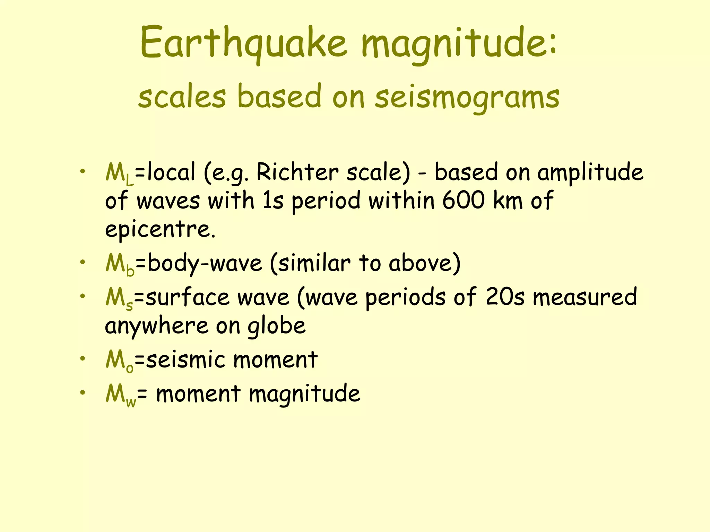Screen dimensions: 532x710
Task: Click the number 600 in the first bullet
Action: (463, 201)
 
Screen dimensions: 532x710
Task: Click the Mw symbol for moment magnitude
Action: (121, 395)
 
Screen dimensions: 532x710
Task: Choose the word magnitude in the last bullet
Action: (304, 394)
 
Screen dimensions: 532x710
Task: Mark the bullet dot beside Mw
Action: (82, 392)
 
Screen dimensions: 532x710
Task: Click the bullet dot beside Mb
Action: (82, 262)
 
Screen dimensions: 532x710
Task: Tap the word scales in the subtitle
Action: (182, 97)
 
